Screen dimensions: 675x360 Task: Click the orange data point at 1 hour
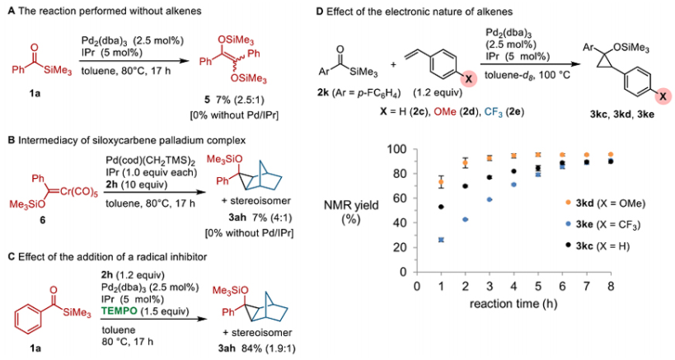[441, 182]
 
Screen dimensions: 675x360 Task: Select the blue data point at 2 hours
[465, 219]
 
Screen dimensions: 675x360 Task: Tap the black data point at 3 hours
[490, 177]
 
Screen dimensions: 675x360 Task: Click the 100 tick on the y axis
[396, 150]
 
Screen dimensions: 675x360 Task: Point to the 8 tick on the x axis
[611, 286]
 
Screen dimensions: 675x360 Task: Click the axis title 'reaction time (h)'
[513, 304]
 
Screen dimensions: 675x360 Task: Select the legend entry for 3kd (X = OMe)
[605, 203]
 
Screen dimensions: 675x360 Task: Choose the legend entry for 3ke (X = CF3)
[603, 225]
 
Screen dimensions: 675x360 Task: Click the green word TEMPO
[120, 311]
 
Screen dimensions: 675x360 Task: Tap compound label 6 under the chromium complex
[43, 220]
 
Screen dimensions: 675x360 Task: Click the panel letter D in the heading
[320, 12]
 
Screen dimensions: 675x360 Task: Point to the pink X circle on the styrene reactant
[469, 80]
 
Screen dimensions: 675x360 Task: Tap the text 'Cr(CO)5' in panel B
[78, 192]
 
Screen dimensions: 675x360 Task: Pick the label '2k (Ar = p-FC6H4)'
[359, 92]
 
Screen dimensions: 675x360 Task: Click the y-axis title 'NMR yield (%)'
[351, 212]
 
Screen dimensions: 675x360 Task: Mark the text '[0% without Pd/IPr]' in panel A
[234, 115]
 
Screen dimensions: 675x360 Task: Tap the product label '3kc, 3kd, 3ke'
[622, 115]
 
